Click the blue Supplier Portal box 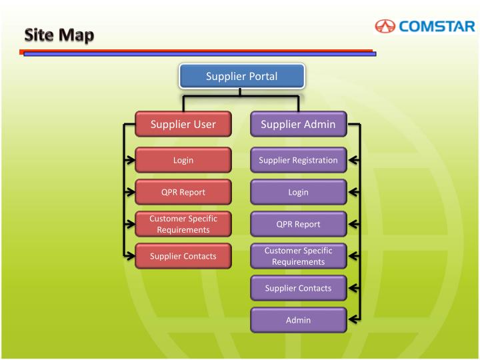[x=241, y=76]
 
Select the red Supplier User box [x=183, y=124]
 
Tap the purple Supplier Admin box [x=298, y=124]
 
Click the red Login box [x=183, y=160]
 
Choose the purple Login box [x=298, y=192]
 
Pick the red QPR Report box [x=183, y=192]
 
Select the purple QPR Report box [x=298, y=224]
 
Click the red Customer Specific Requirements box [x=183, y=224]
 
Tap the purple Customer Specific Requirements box [x=298, y=256]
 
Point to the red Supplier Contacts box [x=183, y=256]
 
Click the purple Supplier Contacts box [x=298, y=288]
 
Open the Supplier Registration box [x=298, y=160]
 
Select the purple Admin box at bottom [x=298, y=320]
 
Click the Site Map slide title [x=60, y=35]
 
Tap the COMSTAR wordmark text [x=437, y=27]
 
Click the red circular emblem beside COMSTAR [x=385, y=27]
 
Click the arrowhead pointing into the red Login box [x=129, y=160]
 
